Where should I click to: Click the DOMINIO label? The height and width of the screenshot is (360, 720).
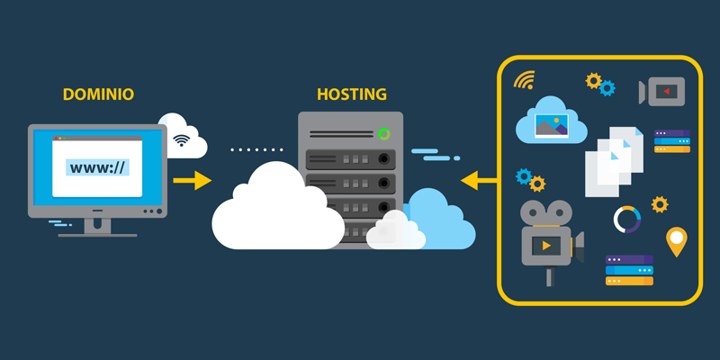point(98,94)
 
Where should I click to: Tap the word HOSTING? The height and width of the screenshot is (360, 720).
point(352,94)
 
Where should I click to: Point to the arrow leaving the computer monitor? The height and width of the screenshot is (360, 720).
point(191,181)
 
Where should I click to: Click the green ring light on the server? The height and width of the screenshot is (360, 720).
point(384,135)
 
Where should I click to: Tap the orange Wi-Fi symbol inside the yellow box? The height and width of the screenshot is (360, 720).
point(524,81)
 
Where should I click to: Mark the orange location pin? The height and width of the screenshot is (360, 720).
point(676,241)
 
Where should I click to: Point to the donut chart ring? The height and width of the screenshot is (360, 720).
point(626,219)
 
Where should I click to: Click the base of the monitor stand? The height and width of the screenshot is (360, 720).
point(97,233)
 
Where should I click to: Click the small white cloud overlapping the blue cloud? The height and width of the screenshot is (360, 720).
point(395,230)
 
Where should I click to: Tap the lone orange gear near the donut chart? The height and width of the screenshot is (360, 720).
point(660,204)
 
